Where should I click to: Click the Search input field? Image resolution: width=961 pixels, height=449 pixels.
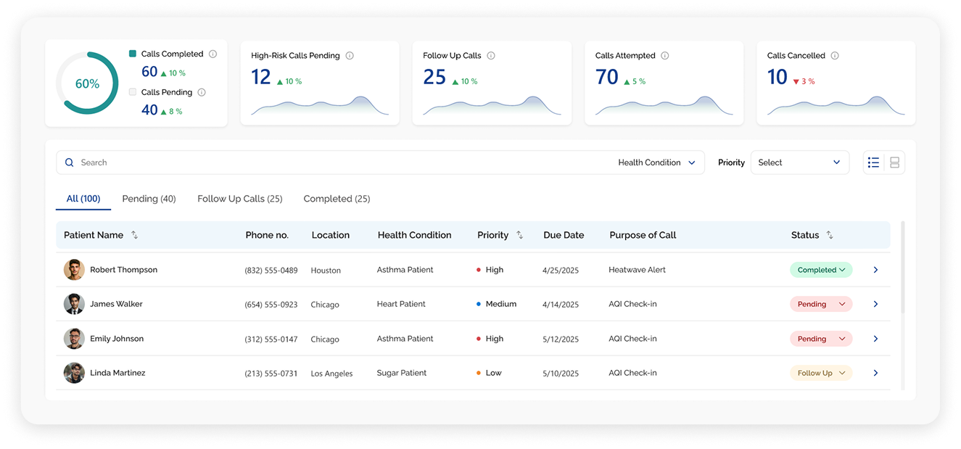coord(334,162)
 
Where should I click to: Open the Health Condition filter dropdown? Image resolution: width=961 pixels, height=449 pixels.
coord(656,162)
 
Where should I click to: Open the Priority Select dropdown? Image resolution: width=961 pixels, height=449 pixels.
coord(800,162)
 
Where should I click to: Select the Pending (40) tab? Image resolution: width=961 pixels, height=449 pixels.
coord(149,199)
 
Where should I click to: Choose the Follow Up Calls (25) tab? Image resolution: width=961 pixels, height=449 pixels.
coord(240,199)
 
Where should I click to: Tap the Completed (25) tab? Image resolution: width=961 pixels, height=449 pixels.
coord(337,199)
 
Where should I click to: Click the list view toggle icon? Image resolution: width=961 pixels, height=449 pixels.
coord(873,162)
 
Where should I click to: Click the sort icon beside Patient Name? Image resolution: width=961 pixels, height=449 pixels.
coord(134,235)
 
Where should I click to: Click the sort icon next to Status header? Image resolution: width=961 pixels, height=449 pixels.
coord(830,235)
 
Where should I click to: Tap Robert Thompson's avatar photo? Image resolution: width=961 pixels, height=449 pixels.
coord(74,270)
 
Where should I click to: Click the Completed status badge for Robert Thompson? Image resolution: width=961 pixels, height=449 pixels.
coord(821,270)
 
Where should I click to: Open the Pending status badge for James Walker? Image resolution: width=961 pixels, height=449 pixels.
coord(821,304)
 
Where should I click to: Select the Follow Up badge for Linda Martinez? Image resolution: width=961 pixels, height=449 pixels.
coord(821,373)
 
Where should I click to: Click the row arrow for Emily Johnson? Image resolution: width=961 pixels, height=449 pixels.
coord(875,339)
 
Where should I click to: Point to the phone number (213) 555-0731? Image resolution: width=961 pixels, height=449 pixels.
coord(271,374)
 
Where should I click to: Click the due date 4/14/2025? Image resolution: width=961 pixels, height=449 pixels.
coord(561,305)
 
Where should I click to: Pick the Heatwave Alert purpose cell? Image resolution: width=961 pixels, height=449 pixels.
coord(637,270)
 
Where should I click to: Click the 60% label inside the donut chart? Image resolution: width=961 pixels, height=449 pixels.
coord(87,83)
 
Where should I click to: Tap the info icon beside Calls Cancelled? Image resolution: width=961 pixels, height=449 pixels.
coord(835,55)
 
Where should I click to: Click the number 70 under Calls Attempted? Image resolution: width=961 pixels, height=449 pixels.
coord(606,78)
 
